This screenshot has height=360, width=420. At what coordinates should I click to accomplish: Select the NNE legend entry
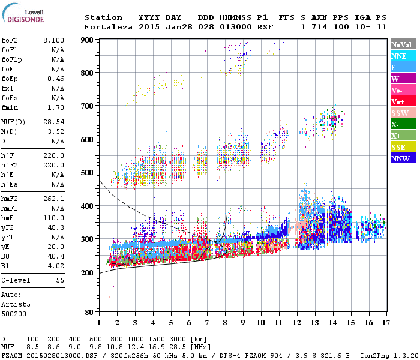pos(398,56)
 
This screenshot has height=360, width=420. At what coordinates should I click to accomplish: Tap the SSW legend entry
pos(400,113)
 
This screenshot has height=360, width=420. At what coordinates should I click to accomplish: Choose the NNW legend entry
pos(400,159)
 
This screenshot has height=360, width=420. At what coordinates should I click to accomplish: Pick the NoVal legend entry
pos(401,44)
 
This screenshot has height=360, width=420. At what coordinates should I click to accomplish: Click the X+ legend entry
pos(396,136)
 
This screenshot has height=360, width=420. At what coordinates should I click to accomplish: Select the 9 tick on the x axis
pos(242,323)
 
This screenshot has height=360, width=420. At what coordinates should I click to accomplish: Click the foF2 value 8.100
pos(54,40)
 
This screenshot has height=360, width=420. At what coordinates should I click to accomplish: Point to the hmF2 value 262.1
pos(54,199)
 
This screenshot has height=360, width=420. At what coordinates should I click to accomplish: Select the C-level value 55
pos(60,280)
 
